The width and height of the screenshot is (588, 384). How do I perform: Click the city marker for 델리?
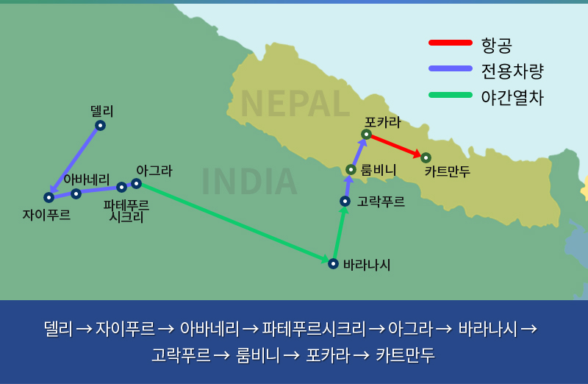[100, 125]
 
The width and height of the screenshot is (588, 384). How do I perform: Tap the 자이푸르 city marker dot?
[49, 197]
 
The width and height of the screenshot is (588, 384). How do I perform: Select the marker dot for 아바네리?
[76, 193]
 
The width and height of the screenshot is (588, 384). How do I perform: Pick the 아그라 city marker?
[136, 184]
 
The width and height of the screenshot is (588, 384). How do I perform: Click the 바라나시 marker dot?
[333, 263]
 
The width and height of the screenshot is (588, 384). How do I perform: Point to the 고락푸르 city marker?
[345, 202]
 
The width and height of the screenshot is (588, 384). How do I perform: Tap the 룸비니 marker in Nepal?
[351, 170]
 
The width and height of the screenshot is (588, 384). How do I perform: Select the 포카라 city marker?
[366, 134]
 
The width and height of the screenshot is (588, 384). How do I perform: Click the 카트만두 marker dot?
[426, 157]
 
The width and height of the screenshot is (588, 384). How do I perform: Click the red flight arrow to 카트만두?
[396, 146]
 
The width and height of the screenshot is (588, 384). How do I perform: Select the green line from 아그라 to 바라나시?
[234, 223]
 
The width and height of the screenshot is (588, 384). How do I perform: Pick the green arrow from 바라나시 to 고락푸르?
[340, 232]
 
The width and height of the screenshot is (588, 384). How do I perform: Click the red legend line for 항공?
[451, 43]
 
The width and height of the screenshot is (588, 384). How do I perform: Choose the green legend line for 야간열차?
[451, 95]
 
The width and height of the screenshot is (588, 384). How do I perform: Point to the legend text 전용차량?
[512, 71]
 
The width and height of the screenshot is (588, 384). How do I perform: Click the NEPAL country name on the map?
[295, 104]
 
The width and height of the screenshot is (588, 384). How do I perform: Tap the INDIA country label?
[249, 182]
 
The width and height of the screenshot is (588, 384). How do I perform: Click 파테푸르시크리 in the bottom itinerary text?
[314, 329]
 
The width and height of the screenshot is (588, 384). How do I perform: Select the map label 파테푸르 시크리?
[126, 211]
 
